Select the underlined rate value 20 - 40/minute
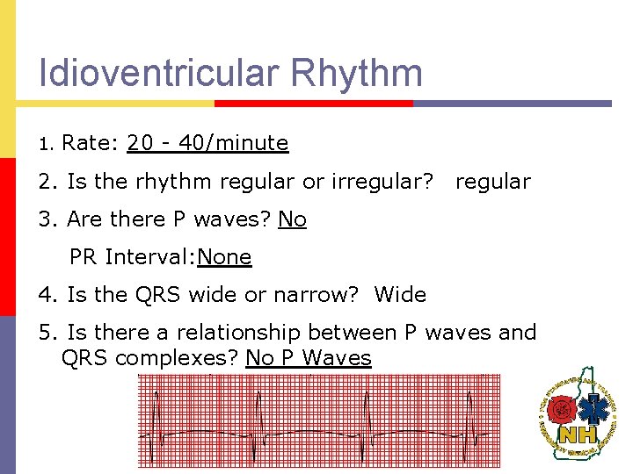[207, 143]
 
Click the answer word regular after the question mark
[492, 182]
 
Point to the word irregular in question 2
[385, 182]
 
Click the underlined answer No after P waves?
[292, 219]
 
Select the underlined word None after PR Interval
[225, 257]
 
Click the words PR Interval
[133, 257]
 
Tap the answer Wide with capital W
[400, 295]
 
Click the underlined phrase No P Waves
[309, 358]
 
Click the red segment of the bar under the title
[313, 103]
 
